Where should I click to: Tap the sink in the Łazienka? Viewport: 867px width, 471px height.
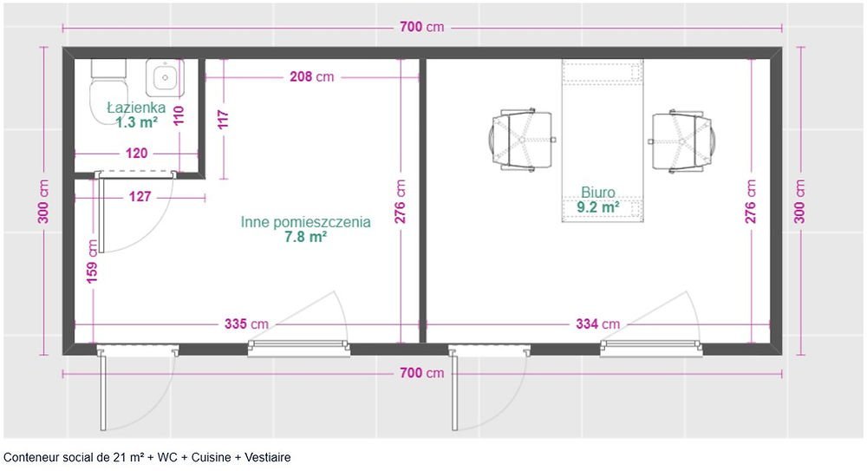(x=162, y=78)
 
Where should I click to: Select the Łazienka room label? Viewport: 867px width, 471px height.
(x=136, y=108)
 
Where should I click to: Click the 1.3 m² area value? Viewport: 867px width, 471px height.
(x=136, y=122)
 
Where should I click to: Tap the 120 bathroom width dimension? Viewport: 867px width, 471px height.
(x=137, y=153)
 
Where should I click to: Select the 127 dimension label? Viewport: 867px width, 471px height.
(x=140, y=197)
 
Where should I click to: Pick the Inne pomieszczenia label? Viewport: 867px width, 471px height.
(x=305, y=222)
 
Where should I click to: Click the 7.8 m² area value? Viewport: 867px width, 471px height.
(x=305, y=237)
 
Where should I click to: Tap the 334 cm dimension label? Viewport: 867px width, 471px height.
(x=598, y=324)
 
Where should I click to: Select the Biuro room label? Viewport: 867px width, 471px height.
(x=598, y=193)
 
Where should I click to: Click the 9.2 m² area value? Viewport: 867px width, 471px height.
(x=598, y=207)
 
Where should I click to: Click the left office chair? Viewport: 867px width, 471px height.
(x=517, y=139)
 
